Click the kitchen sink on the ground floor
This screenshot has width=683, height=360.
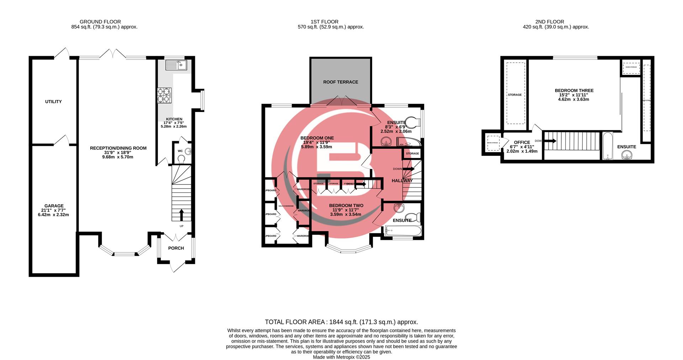(176, 65)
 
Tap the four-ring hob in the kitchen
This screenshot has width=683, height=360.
(164, 95)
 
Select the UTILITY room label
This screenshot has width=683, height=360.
(53, 102)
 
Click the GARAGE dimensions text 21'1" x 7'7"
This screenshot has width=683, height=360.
(54, 210)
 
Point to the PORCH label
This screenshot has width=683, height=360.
(176, 248)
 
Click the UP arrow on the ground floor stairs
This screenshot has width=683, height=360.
(181, 215)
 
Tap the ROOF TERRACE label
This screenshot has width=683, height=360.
(340, 82)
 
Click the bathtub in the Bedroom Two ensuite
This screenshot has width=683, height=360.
(403, 231)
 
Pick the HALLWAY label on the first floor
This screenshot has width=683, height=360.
(402, 181)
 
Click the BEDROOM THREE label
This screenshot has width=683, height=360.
(574, 91)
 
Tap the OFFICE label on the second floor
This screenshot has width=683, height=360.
(522, 142)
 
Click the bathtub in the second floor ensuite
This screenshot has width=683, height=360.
(607, 146)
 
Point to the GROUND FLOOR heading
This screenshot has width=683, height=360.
(100, 22)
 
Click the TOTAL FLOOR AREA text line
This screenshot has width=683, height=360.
(341, 322)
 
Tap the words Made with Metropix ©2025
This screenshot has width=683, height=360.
(341, 357)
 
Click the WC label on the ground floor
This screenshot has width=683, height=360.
(180, 151)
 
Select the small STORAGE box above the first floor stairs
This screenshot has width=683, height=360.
(412, 154)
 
